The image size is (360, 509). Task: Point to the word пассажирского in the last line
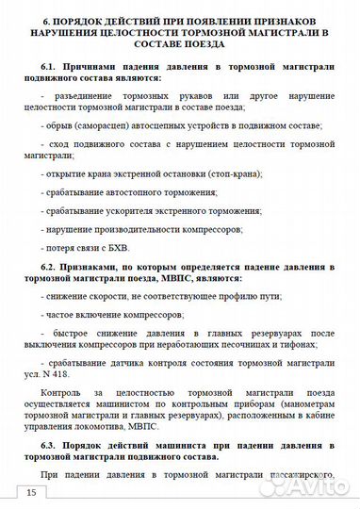(303, 473)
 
